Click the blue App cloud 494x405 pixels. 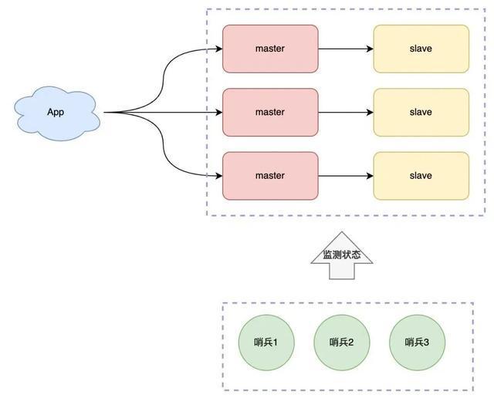57,113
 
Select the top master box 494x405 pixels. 270,49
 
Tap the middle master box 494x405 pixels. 270,113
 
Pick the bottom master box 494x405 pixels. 270,176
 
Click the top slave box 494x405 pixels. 421,49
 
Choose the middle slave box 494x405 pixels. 421,113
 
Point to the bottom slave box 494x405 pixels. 421,176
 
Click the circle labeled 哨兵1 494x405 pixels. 266,343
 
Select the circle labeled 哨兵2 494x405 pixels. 342,343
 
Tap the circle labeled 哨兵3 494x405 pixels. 417,343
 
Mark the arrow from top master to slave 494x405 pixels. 346,49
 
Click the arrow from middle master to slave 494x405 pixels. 346,113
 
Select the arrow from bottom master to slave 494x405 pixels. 346,176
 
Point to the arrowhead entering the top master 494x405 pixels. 219,49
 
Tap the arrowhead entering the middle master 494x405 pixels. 219,113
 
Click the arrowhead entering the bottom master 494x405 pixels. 219,176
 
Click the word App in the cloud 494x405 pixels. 56,112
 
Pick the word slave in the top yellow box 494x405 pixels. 421,49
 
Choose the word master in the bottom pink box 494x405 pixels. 270,175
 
